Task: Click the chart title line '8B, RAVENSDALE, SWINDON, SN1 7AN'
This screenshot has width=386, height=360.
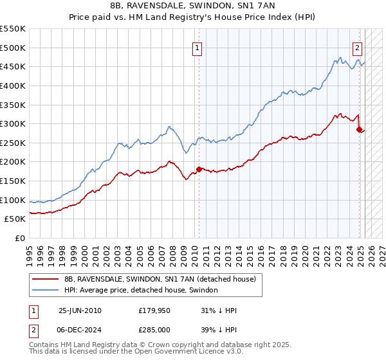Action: (192, 6)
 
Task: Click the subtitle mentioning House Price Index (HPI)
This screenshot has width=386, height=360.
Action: (192, 17)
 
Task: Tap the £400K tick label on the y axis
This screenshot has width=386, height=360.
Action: (13, 85)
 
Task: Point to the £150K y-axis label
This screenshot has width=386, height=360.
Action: (13, 181)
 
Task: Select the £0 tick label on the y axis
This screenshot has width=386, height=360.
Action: (20, 239)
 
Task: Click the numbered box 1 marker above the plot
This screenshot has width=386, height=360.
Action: (197, 46)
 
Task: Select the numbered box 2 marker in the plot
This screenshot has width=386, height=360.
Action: (357, 46)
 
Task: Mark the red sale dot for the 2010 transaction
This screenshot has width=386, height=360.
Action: (199, 169)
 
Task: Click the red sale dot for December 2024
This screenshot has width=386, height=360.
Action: (359, 129)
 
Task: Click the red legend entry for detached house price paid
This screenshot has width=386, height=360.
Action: (160, 279)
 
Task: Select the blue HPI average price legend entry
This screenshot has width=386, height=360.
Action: (141, 290)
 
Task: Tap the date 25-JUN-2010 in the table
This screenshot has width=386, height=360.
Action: (80, 310)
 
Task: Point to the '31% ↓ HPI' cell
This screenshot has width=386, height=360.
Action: (219, 310)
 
